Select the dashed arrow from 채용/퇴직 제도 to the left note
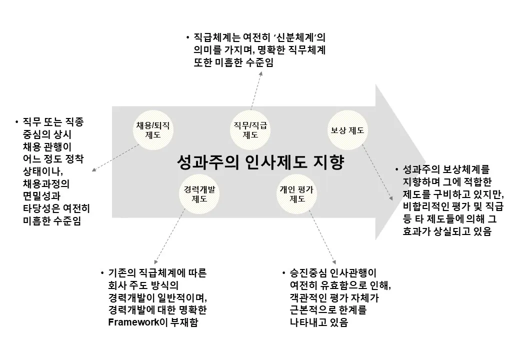(116, 158)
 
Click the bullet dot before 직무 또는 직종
(17, 122)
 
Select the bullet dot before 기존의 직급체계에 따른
(102, 273)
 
